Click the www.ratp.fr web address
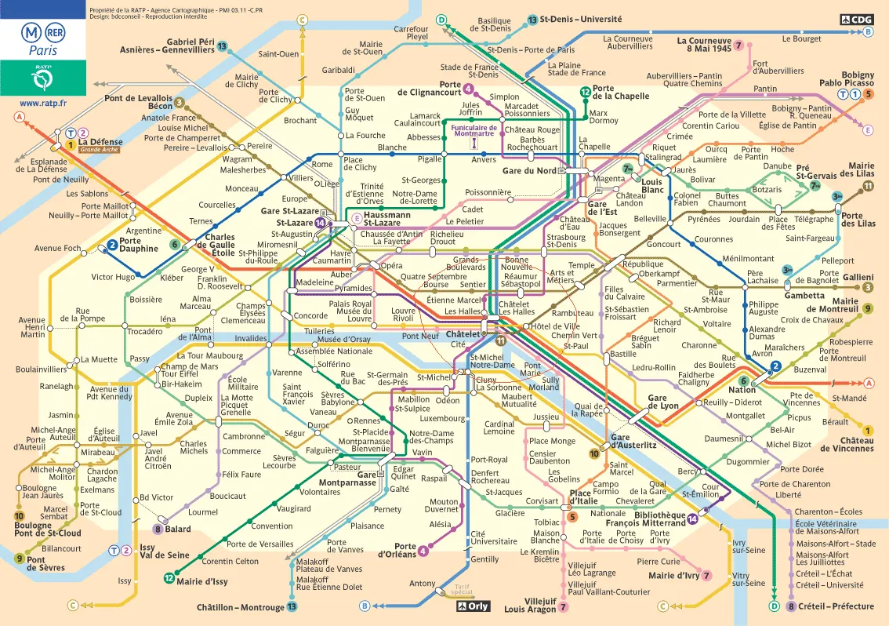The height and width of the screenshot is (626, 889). coord(43,103)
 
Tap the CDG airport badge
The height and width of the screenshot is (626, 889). coord(856,19)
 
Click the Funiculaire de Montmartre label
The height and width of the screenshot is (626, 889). coord(473,131)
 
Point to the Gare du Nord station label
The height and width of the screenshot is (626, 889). coord(528,170)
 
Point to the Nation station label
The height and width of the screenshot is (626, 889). coord(742,390)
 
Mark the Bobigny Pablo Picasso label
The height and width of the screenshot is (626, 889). coord(847,78)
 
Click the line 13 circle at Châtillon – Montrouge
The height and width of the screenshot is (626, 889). coord(292,607)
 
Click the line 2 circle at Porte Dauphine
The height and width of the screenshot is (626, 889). coord(112,246)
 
